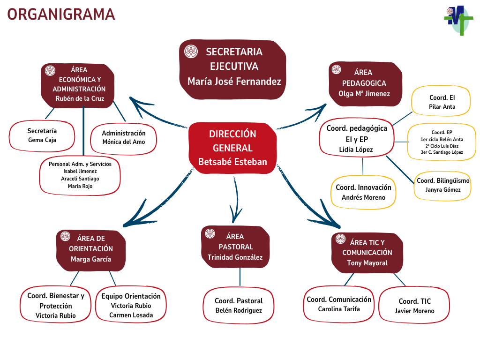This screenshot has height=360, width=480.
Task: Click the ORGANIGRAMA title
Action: (x=61, y=15)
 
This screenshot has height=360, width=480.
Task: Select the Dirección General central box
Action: (x=233, y=148)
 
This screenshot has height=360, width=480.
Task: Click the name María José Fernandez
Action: (x=234, y=81)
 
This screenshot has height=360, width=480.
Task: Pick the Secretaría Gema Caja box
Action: (x=42, y=135)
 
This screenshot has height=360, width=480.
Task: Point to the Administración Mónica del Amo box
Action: (x=124, y=138)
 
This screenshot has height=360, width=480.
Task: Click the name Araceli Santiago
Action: (x=80, y=179)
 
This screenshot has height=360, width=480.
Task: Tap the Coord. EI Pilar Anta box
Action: (x=442, y=102)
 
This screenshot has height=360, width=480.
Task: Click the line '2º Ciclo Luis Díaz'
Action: (x=442, y=146)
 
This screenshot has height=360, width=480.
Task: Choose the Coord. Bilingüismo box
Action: (x=443, y=185)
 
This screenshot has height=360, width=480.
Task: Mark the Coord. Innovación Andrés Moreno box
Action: (x=363, y=192)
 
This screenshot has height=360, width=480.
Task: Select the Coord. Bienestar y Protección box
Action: (x=56, y=305)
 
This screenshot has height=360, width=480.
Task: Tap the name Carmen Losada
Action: (x=131, y=315)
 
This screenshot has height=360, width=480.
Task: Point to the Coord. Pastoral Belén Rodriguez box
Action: (x=239, y=305)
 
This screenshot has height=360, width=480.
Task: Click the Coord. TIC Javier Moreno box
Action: (x=414, y=306)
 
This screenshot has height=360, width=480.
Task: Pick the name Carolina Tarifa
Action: (x=339, y=309)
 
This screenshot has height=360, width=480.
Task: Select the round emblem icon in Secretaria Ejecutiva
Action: (x=191, y=52)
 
